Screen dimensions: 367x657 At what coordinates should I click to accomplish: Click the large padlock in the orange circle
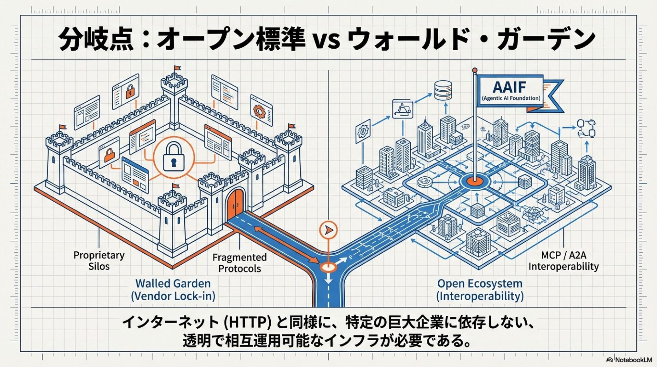point(173,157)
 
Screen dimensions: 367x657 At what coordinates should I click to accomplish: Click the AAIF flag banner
point(510,91)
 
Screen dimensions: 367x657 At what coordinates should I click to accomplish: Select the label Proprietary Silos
point(99,261)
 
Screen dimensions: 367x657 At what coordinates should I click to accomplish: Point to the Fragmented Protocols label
point(239,263)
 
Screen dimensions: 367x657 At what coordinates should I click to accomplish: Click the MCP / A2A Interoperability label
point(563,261)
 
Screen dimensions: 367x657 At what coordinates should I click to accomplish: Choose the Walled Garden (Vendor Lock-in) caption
point(173,290)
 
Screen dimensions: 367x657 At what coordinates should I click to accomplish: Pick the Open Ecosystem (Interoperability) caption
point(480,290)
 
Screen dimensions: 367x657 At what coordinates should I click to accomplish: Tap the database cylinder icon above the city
point(443,90)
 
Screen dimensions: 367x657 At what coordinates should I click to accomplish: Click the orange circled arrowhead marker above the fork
point(328,230)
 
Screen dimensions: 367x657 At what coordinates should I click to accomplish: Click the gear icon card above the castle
point(261,111)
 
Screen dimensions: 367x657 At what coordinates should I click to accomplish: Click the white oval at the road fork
point(328,267)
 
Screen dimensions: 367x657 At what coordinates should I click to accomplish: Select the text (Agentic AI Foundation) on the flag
point(511,98)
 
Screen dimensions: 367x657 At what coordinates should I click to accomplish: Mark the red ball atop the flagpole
point(475,70)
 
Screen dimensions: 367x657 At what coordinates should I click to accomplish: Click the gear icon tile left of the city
point(363,131)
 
